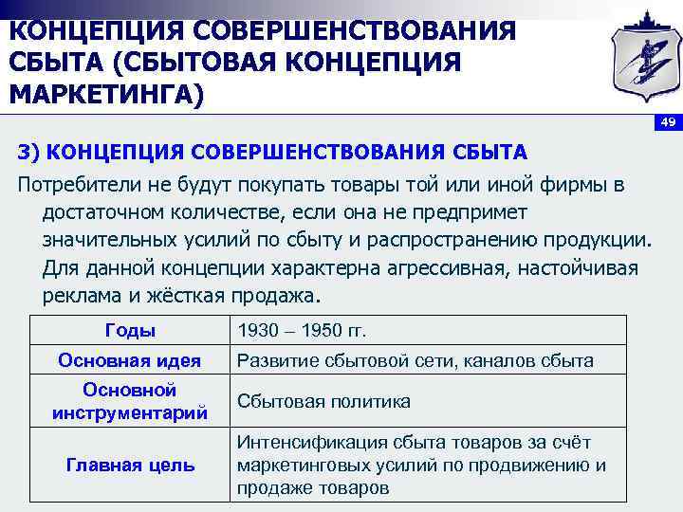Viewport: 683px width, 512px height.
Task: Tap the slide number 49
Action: pyautogui.click(x=668, y=124)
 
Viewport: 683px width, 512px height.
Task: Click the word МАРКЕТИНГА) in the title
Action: pyautogui.click(x=106, y=97)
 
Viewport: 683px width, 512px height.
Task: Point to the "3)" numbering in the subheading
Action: pyautogui.click(x=28, y=152)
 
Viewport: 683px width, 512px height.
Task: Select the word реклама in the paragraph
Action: pyautogui.click(x=80, y=295)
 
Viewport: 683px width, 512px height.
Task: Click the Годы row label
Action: pyautogui.click(x=129, y=331)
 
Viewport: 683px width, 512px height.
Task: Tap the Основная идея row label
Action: pyautogui.click(x=129, y=360)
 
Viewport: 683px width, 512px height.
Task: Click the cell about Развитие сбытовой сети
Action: pyautogui.click(x=415, y=360)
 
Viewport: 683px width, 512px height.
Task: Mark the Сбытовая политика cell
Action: pyautogui.click(x=323, y=401)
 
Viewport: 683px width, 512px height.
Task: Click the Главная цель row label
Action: pyautogui.click(x=129, y=465)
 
